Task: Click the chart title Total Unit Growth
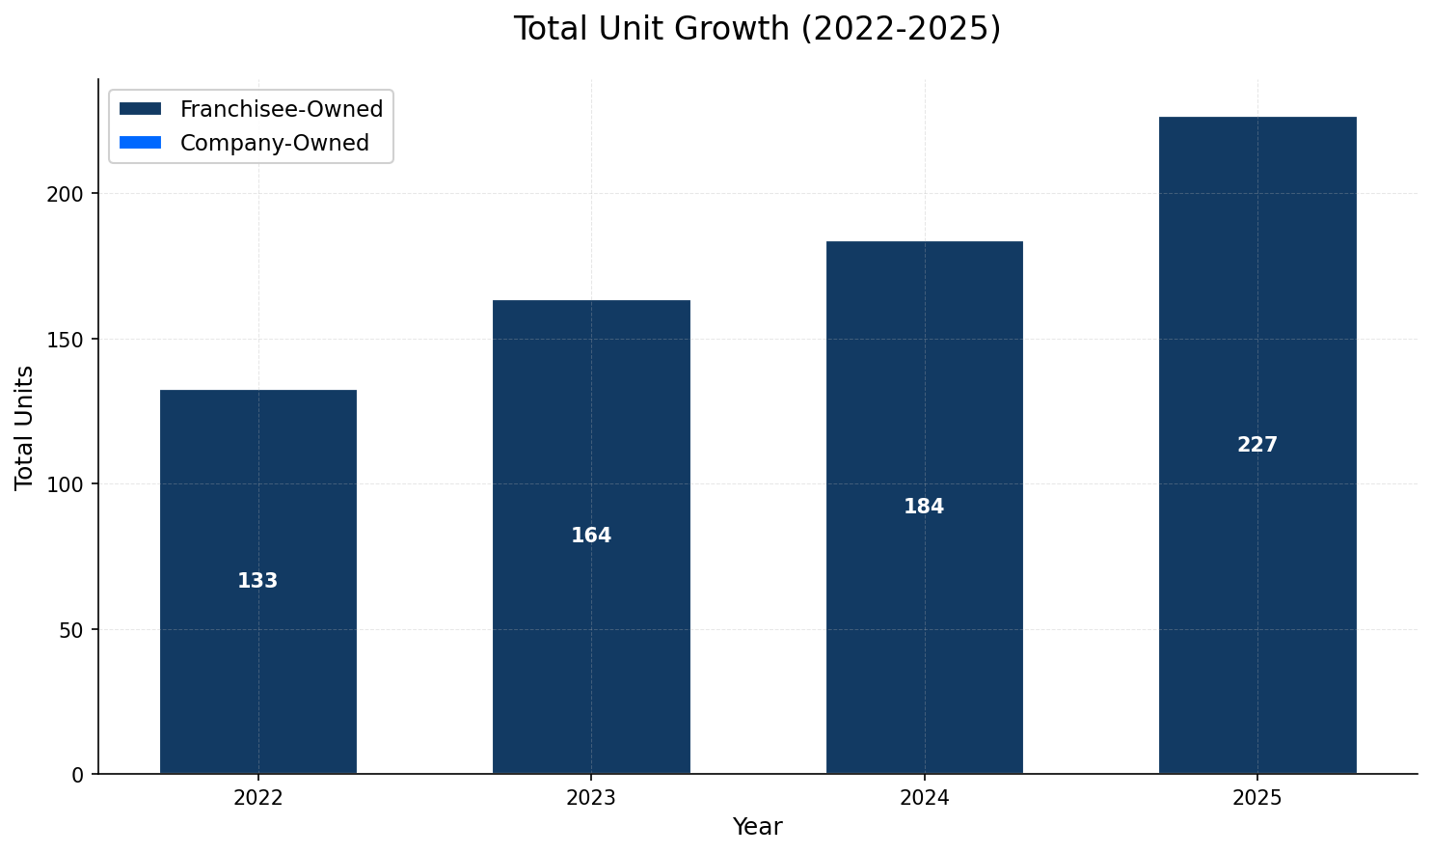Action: (757, 29)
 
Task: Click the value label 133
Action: (257, 581)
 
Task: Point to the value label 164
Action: (591, 536)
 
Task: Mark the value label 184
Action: (924, 507)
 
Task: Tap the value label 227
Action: (1256, 445)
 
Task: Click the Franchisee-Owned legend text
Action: (282, 109)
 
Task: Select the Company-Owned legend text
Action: (275, 143)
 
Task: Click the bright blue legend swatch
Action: (140, 143)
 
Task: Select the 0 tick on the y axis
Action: (78, 775)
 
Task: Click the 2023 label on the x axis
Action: (591, 798)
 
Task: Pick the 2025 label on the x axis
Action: (1256, 798)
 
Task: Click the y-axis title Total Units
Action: (25, 426)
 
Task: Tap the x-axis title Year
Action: (757, 827)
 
